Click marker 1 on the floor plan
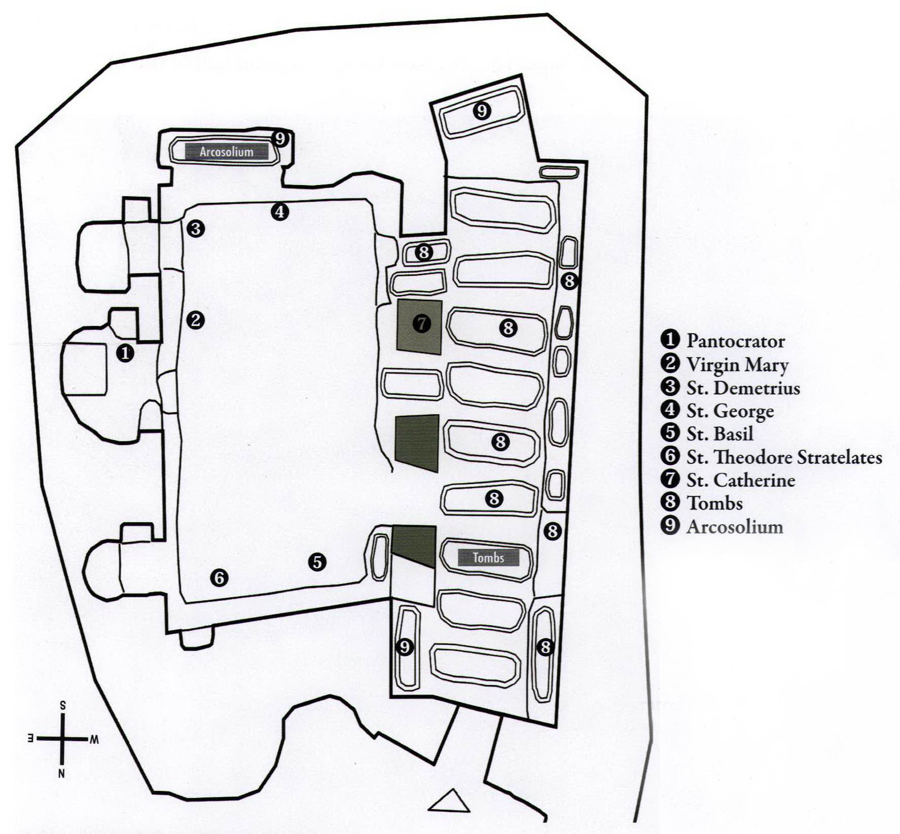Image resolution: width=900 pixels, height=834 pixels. point(125,353)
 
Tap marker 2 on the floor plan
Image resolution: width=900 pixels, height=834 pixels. point(195,320)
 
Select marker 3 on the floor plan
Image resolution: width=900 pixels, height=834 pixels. point(195,229)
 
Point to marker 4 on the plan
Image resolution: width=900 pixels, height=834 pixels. point(279,211)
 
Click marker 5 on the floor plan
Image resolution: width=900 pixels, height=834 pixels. point(317,562)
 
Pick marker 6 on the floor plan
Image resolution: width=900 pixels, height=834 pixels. point(219,577)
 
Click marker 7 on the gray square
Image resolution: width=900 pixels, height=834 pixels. point(421,323)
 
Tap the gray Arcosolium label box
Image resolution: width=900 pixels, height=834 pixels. point(226,152)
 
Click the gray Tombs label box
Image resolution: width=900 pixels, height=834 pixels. point(488,558)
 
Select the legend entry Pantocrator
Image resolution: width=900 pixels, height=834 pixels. point(735,341)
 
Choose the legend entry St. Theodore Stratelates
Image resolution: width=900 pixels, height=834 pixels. point(784,457)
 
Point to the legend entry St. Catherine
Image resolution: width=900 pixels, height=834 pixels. point(740,480)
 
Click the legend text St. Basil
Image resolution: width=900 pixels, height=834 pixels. point(719,434)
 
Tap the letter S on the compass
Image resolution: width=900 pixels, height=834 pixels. point(62,705)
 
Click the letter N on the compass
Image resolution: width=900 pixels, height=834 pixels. point(61,774)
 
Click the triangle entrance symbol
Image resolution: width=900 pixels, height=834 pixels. point(449,802)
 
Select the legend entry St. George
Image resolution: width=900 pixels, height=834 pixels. point(730,411)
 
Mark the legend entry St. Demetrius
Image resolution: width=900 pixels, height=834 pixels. point(743,388)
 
